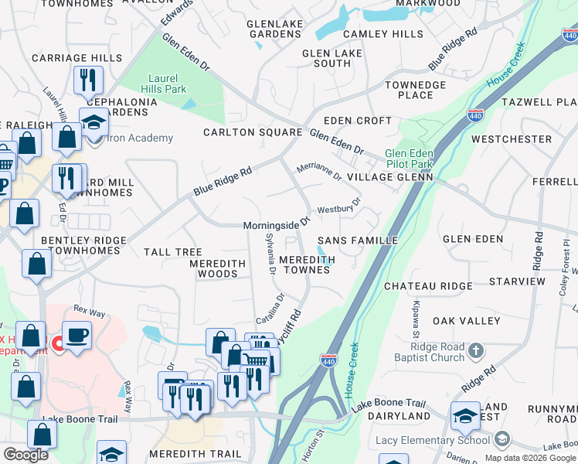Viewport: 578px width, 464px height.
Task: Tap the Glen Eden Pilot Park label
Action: click(409, 159)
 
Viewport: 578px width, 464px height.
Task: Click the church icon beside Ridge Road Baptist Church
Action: click(476, 351)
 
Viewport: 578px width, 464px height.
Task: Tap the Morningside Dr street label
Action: click(277, 224)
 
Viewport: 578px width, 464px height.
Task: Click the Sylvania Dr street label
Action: click(270, 254)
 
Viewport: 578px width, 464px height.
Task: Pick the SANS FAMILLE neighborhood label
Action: click(357, 241)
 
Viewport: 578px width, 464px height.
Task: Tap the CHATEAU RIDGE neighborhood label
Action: click(428, 286)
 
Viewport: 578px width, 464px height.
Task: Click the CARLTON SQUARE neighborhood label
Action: click(252, 132)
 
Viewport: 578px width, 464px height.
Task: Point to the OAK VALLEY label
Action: click(464, 320)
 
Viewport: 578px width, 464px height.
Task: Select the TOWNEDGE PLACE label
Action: click(415, 90)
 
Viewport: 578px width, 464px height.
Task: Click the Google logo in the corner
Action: click(25, 455)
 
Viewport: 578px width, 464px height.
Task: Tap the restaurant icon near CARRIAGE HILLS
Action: click(87, 79)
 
